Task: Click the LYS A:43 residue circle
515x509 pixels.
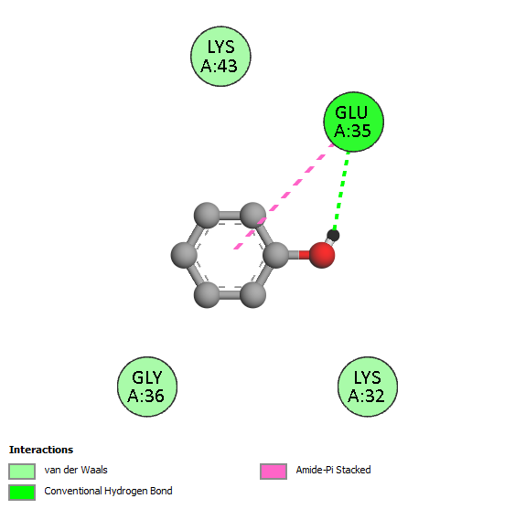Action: pos(220,57)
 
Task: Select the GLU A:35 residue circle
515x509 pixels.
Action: pos(353,122)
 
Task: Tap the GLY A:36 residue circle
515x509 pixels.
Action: pos(147,387)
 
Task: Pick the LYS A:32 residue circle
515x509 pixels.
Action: pos(368,387)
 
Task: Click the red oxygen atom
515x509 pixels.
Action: pos(322,255)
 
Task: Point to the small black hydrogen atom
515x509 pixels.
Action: pos(333,235)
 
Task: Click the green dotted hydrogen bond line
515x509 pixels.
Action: pos(341,190)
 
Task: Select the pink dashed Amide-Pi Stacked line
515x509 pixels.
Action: pos(284,196)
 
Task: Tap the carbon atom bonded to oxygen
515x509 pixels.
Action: pos(276,255)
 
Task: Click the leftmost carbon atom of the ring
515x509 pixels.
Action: pos(184,255)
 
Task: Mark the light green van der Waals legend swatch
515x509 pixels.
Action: pos(22,472)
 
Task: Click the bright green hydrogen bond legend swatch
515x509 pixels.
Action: pos(22,493)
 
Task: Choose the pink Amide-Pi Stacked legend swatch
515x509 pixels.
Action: pos(274,472)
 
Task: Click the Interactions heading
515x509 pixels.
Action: pos(41,450)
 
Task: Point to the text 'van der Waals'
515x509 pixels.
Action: pos(76,470)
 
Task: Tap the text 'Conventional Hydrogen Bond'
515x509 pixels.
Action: pos(108,491)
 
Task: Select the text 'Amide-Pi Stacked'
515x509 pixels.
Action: pos(333,470)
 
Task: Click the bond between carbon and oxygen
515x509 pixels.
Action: pos(299,255)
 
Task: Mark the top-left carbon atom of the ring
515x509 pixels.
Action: pos(207,216)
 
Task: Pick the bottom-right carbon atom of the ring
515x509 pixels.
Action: pos(252,294)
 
